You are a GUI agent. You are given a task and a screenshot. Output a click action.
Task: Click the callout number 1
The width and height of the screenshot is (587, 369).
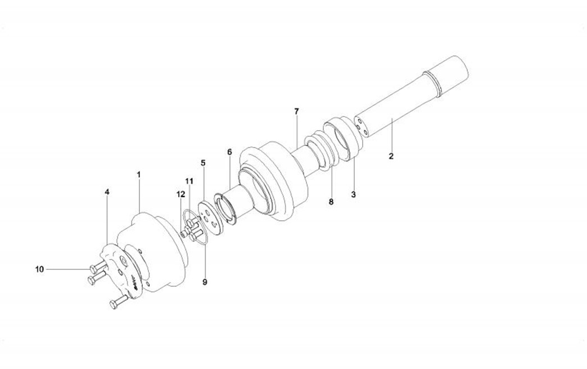click(138, 175)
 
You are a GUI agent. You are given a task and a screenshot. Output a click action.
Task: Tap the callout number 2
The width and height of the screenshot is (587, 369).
click(391, 157)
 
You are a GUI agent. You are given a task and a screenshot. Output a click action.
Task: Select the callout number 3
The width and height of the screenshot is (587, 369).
click(354, 194)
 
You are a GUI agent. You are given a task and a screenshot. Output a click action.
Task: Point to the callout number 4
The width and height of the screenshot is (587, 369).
click(107, 192)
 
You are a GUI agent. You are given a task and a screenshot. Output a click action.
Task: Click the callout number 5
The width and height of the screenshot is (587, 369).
click(203, 163)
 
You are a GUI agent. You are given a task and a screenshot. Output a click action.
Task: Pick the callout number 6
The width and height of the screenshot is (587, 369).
click(229, 152)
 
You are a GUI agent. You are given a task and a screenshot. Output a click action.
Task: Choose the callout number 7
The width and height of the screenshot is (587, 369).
click(296, 112)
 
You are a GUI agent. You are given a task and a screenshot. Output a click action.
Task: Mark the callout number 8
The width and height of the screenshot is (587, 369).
click(331, 202)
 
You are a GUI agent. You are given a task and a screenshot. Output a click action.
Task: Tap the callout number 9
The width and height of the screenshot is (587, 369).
click(205, 282)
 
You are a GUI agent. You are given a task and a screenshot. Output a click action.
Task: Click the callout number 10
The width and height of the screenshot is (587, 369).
click(40, 269)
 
